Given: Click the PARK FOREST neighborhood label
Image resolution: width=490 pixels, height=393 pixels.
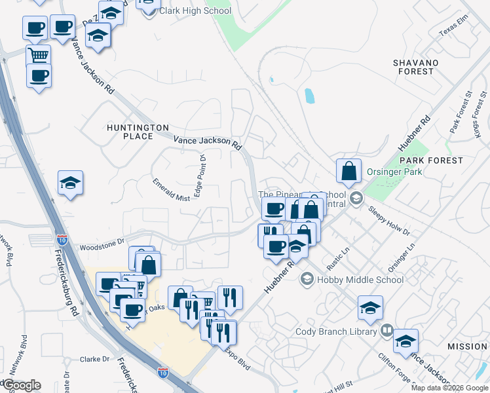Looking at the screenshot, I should (x=431, y=160).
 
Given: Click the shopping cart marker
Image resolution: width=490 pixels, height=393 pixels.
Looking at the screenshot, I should (x=38, y=56).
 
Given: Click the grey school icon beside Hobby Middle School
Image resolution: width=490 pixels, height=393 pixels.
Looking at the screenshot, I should (x=306, y=280).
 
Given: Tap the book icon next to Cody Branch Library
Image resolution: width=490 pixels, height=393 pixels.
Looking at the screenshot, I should (x=386, y=331).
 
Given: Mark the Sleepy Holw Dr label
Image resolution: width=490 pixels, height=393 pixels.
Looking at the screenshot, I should (x=388, y=223).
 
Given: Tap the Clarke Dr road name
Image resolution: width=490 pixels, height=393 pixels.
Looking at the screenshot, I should (x=94, y=359).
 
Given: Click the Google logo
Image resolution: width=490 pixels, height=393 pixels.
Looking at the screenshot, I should (x=21, y=385).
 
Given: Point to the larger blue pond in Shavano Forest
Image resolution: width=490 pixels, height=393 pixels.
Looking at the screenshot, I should (x=309, y=96).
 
